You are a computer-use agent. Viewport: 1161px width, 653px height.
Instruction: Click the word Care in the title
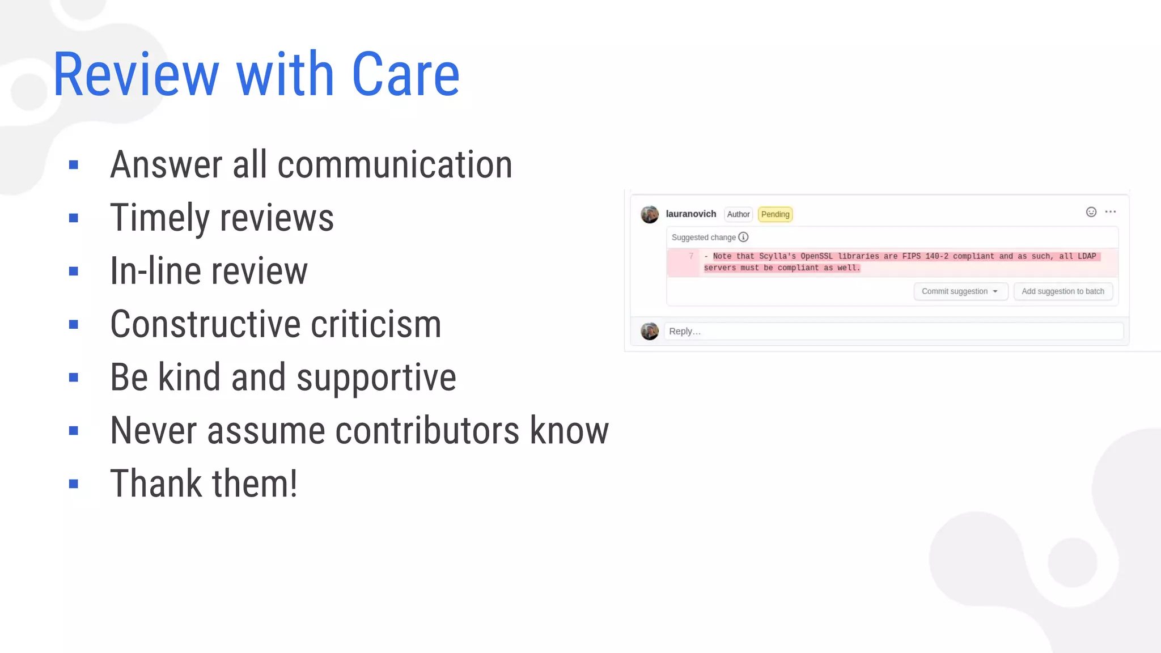coord(405,74)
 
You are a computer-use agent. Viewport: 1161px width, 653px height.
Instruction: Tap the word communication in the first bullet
coord(395,165)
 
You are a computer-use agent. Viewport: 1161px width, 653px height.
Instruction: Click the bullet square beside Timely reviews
coord(73,218)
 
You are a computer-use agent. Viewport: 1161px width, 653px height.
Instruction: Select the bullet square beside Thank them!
coord(73,484)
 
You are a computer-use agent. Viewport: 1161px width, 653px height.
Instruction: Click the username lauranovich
coord(690,214)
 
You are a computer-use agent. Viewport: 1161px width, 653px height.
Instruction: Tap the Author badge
coord(738,214)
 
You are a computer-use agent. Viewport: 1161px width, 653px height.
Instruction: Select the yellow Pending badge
coord(775,214)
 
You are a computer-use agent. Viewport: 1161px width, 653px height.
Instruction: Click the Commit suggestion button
coord(960,291)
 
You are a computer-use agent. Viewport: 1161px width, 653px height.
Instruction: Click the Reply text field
coord(893,331)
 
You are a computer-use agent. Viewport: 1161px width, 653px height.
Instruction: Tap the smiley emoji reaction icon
coord(1091,212)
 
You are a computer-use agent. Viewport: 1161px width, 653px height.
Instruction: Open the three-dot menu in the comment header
coord(1110,212)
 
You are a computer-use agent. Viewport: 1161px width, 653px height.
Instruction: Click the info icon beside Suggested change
coord(743,237)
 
